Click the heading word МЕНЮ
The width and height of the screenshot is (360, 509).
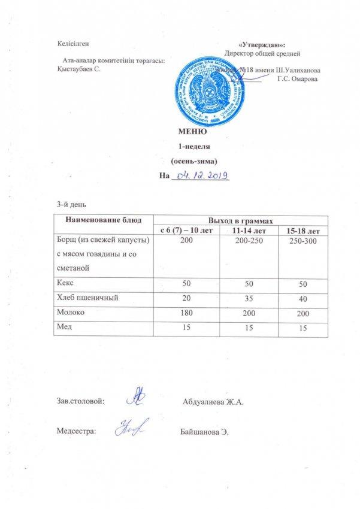click(192, 132)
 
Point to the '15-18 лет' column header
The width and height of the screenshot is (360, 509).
click(304, 231)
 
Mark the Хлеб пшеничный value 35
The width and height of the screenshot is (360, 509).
click(243, 297)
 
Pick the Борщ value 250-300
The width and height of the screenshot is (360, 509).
click(304, 240)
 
